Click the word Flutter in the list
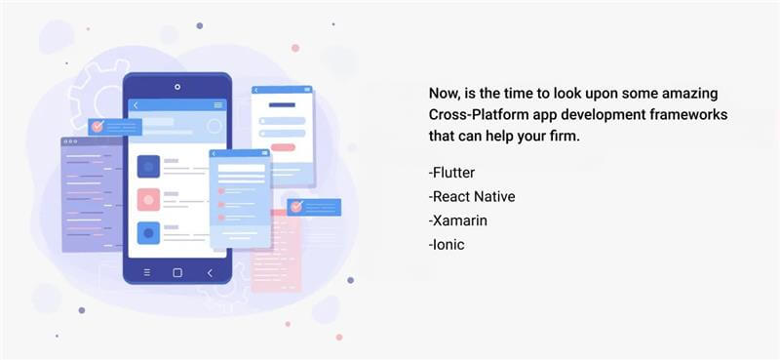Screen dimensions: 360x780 (451, 174)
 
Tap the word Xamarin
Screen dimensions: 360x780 (459, 220)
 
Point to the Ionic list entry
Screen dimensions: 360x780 (448, 244)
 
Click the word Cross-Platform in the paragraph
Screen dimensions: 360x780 (473, 115)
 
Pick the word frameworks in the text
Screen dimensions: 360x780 (691, 115)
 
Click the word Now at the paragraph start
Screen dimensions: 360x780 (446, 94)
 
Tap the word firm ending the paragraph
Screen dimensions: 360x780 (563, 137)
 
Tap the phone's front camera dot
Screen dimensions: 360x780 (177, 87)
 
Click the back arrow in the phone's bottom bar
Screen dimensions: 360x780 (210, 272)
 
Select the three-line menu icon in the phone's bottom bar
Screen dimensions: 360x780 (147, 272)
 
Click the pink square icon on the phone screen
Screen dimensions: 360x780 (148, 199)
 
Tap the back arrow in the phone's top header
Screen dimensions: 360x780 (136, 105)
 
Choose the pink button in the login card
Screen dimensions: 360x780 (283, 147)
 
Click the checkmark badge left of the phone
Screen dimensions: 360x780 (97, 127)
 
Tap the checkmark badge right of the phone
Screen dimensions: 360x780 (296, 207)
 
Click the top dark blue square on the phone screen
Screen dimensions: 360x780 (148, 166)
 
